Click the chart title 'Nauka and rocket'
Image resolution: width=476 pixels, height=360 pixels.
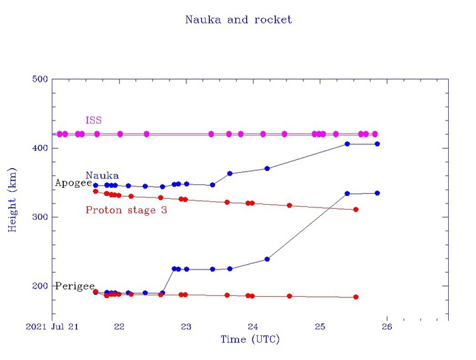238,20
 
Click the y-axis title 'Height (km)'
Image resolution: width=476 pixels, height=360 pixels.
12,200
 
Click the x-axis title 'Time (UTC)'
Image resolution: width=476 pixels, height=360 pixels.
250,339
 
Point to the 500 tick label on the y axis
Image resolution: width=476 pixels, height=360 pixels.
40,80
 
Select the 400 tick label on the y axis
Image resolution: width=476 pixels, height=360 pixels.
40,148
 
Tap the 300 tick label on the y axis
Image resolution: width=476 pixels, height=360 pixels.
40,217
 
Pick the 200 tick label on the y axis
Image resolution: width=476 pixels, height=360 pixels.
40,286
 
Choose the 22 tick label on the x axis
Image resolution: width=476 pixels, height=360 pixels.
119,327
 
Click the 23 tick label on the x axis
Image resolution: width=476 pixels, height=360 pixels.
186,327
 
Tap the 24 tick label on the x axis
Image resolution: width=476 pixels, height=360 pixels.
253,327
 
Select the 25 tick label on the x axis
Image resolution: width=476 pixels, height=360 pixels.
320,327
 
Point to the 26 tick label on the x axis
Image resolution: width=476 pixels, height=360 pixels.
386,327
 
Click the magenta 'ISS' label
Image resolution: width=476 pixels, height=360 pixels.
94,120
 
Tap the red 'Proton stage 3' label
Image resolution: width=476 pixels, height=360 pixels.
126,210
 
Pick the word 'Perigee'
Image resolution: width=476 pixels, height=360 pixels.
75,286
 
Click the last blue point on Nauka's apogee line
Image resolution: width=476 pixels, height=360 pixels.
377,144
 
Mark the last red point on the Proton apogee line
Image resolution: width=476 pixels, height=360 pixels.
356,210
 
